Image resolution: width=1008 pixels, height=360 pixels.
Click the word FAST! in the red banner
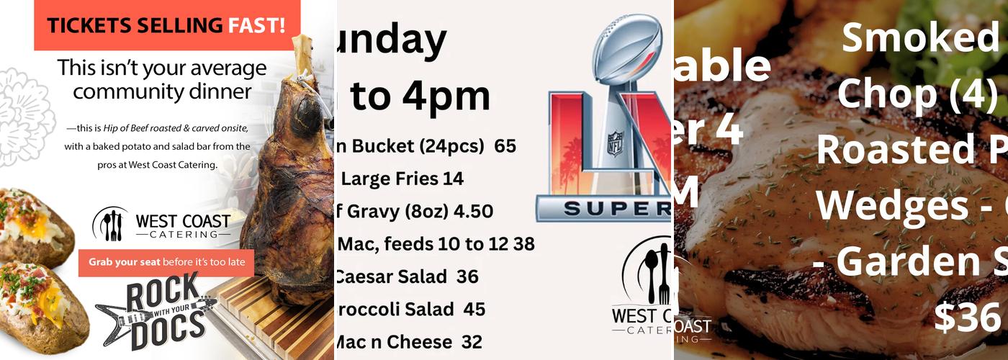tap(256, 25)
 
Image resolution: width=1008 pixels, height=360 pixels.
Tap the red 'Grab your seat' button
tap(166, 262)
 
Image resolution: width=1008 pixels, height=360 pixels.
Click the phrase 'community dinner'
tap(162, 92)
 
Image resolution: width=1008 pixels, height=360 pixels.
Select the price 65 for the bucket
tap(505, 146)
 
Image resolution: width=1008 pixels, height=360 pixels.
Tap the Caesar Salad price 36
tap(467, 276)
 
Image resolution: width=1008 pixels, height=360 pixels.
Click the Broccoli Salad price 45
tap(474, 310)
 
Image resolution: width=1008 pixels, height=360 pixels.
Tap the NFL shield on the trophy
tap(616, 140)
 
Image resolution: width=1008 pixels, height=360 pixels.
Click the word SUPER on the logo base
tap(616, 209)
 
